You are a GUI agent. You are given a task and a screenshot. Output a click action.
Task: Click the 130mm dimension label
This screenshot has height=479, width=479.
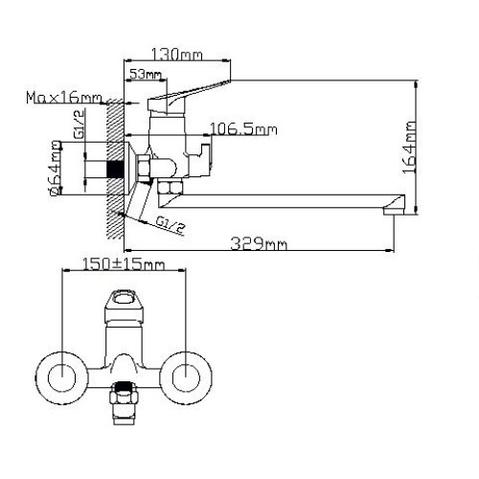(x=176, y=55)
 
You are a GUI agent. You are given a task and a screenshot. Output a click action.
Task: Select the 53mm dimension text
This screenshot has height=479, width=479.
(x=146, y=75)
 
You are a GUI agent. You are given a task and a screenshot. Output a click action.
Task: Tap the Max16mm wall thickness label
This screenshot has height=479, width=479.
(x=64, y=97)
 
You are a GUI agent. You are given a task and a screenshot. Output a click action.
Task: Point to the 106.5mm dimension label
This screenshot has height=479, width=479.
(x=243, y=129)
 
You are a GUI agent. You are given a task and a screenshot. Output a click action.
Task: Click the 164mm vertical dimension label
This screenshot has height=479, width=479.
(x=409, y=147)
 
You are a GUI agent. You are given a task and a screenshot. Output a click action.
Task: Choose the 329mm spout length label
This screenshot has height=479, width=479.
(x=259, y=243)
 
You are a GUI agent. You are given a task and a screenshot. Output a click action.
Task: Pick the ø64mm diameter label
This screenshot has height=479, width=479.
(x=55, y=168)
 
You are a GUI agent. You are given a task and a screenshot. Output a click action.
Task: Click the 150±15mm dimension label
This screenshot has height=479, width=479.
(x=124, y=264)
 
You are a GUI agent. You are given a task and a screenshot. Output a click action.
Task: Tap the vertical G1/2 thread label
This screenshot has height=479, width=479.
(x=80, y=124)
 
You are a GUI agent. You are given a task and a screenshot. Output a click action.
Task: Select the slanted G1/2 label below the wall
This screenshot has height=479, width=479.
(x=171, y=224)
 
